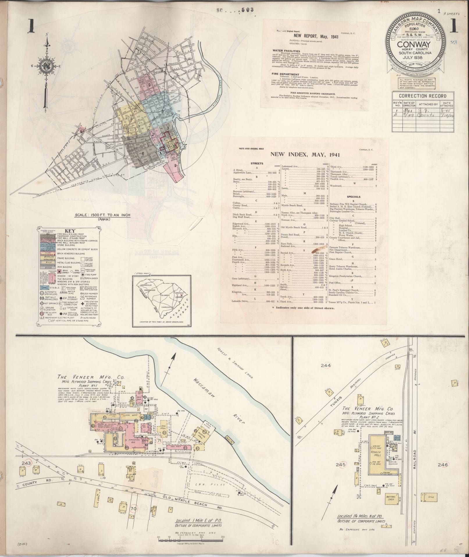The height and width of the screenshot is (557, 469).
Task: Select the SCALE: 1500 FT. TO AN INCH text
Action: [102, 215]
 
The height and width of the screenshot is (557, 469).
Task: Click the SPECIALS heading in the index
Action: [354, 197]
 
